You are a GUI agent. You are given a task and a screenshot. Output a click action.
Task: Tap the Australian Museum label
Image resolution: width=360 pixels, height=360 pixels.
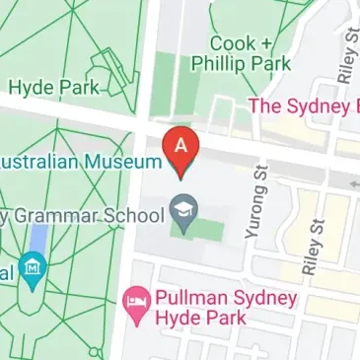79,161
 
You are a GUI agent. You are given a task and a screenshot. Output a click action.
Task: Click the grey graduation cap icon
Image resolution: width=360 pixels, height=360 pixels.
181,208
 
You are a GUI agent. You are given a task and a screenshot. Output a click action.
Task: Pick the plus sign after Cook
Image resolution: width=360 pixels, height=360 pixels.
265,43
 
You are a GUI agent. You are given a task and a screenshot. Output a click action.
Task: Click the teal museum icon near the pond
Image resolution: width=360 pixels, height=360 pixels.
35,266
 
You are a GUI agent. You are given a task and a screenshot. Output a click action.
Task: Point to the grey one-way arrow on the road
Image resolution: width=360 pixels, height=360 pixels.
354,181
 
